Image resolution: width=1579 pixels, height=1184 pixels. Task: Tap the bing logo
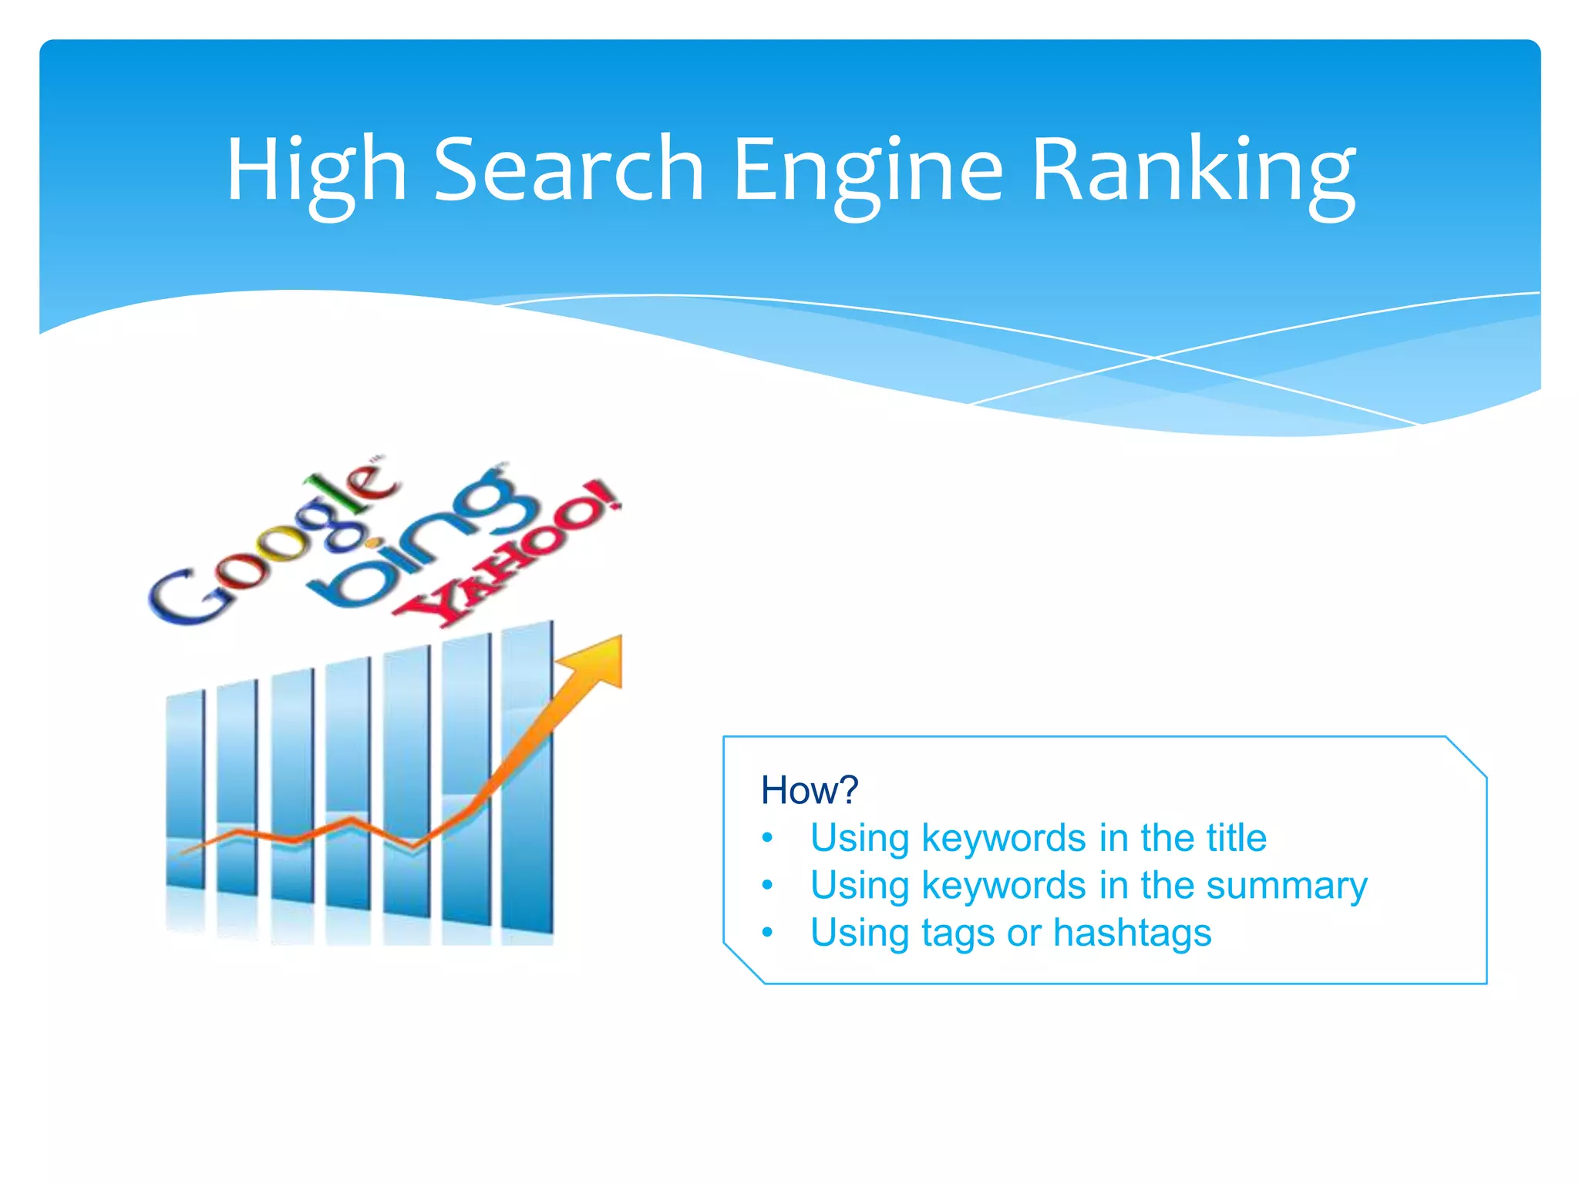(420, 540)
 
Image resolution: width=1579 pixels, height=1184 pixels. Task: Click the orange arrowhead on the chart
(598, 659)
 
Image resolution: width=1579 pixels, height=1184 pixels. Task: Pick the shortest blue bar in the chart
(186, 790)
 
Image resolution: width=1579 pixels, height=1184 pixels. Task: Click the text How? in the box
(809, 790)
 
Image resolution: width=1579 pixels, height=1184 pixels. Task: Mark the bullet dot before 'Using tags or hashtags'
(767, 933)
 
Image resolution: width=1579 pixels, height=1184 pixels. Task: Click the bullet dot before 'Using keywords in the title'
(767, 838)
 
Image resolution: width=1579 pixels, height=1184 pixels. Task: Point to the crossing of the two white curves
(1154, 358)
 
